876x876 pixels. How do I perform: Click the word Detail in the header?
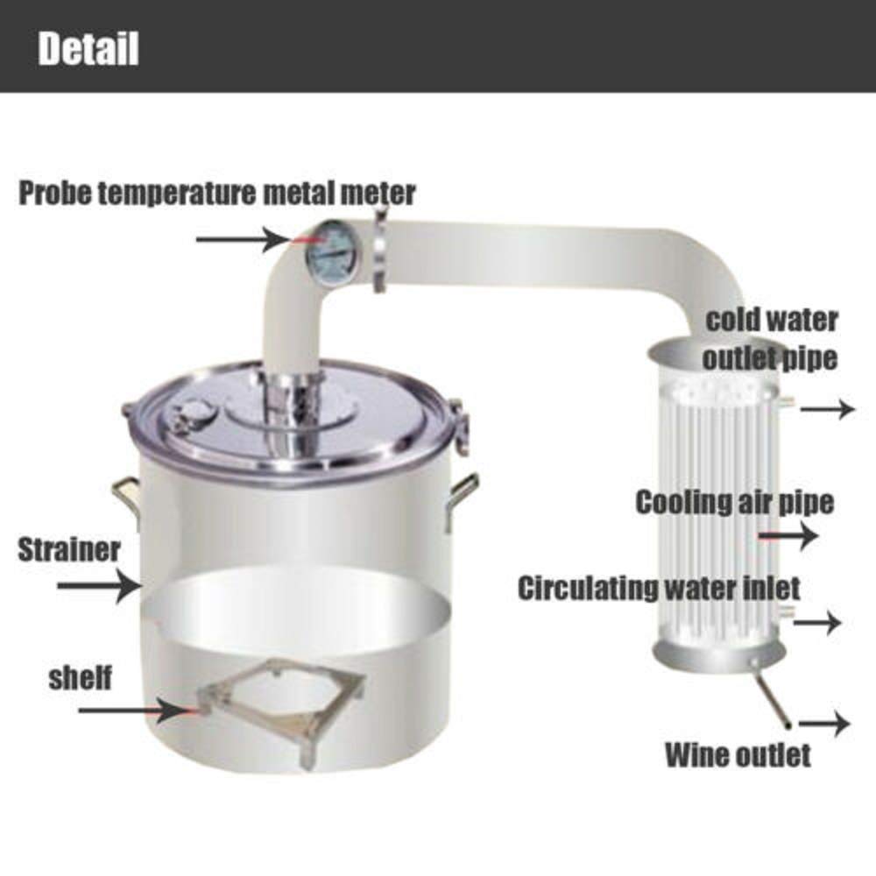(x=88, y=49)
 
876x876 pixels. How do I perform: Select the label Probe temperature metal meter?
(x=217, y=193)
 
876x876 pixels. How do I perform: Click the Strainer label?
(x=69, y=550)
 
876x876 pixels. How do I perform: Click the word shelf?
(x=81, y=677)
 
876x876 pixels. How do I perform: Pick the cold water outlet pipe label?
(x=771, y=338)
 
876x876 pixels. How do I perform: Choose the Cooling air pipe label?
(x=734, y=503)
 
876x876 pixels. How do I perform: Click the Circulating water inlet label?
(x=659, y=587)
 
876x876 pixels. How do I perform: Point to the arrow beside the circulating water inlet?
(x=816, y=622)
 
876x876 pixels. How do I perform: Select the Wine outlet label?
(x=738, y=754)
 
